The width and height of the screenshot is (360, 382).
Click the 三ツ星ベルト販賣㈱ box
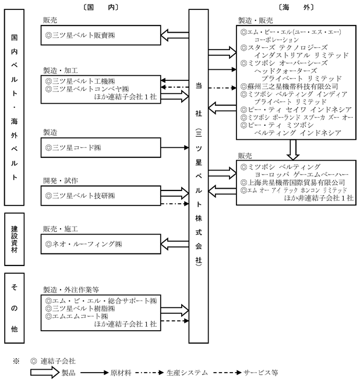pos(101,35)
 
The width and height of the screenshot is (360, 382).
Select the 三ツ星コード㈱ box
pos(101,148)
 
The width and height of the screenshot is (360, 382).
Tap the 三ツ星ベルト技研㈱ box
pos(101,196)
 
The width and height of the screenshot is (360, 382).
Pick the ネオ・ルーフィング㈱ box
pos(101,244)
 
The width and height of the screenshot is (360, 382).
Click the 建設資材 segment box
pos(15,239)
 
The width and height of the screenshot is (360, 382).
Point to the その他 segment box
pos(15,308)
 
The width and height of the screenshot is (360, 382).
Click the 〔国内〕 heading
pos(101,8)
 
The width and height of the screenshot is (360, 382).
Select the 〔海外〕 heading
pos(296,8)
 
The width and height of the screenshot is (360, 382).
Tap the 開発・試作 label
pos(61,181)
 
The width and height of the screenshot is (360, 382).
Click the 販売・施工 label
pos(61,229)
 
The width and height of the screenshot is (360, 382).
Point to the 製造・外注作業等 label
pos(71,289)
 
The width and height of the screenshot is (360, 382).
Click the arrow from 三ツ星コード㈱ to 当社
pos(175,148)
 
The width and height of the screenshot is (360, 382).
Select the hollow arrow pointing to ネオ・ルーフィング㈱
pos(175,244)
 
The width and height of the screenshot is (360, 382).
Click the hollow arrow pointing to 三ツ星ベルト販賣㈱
pos(175,35)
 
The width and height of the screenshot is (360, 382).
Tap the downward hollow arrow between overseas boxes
pos(293,150)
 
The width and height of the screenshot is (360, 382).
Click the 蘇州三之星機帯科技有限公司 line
pos(290,86)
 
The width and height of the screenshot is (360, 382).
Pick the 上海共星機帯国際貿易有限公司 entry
pos(292,182)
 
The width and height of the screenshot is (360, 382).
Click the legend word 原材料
pos(121,373)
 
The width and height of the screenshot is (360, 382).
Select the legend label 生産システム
pos(187,373)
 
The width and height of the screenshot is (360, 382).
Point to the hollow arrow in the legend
pos(45,373)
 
